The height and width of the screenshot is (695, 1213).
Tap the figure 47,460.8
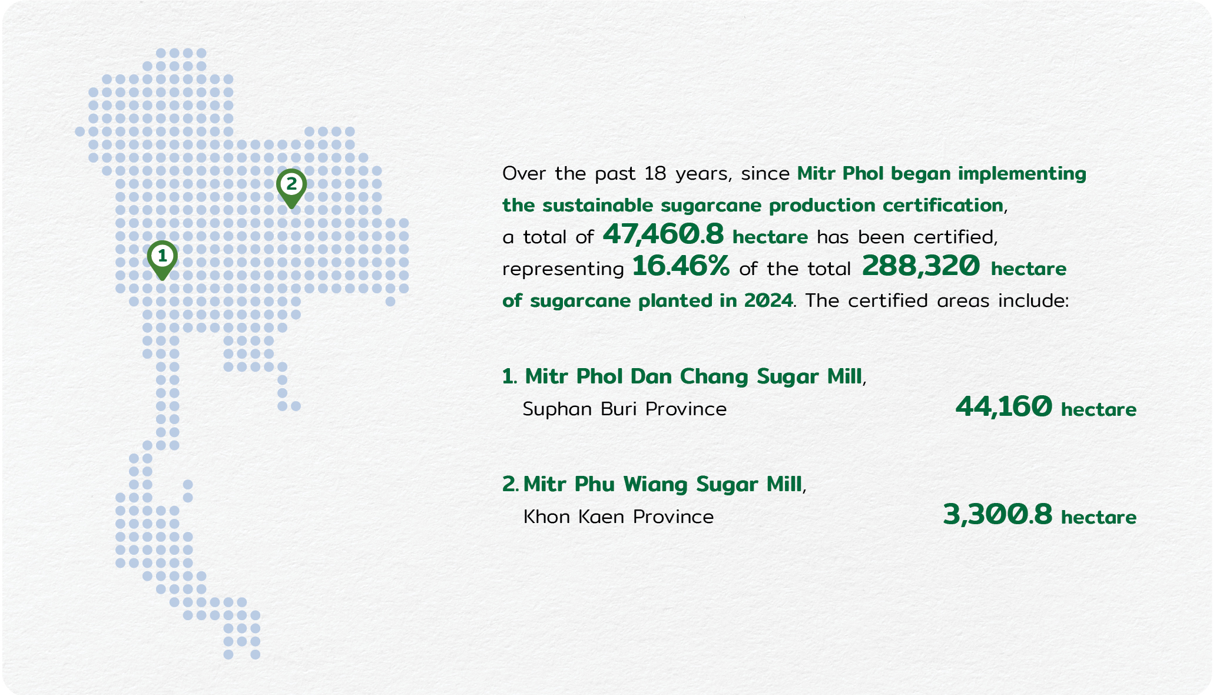coord(663,235)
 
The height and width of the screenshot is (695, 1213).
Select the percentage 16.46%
coord(681,267)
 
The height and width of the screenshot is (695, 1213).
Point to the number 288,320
coord(921,267)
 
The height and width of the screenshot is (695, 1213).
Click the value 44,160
coord(1003,407)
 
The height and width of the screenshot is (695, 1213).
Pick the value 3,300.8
coord(997,515)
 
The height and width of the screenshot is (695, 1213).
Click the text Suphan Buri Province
coord(625,409)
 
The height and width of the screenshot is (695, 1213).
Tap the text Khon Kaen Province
coord(618,517)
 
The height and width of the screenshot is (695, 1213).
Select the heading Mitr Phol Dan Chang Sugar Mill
coord(693,376)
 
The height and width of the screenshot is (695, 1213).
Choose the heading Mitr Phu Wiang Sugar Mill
coord(662,484)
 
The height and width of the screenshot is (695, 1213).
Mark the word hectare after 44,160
coord(1099,409)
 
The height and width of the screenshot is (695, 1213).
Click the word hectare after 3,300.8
coord(1099,517)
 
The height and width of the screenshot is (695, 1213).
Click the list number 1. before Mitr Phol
coord(509,376)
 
